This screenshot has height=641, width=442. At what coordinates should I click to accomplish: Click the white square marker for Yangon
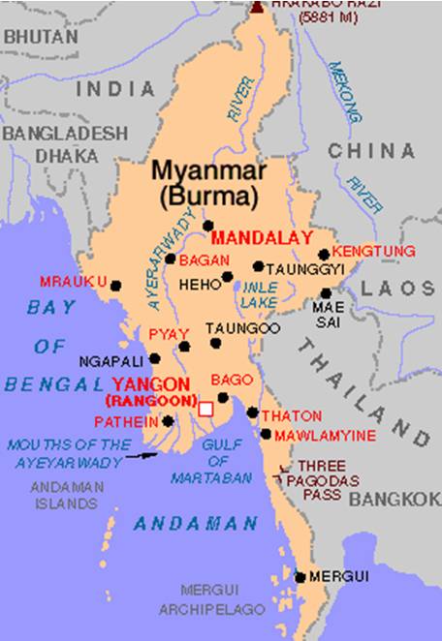tap(205, 410)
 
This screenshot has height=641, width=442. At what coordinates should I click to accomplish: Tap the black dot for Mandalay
tap(208, 226)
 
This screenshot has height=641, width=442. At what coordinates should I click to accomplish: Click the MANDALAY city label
tap(261, 237)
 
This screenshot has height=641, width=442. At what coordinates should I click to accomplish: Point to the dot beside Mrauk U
tap(115, 286)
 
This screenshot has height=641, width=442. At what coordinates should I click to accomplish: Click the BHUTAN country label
tap(40, 37)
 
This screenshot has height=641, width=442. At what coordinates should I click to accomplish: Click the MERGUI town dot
tap(300, 577)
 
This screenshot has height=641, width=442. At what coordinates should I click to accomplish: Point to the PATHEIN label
tap(126, 422)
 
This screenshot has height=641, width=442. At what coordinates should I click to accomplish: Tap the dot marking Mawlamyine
tap(266, 434)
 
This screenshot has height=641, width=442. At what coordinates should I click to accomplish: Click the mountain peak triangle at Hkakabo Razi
tap(258, 8)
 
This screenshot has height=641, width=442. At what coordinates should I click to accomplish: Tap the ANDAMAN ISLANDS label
tap(64, 496)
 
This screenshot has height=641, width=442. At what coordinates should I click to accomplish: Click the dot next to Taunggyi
tap(258, 266)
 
